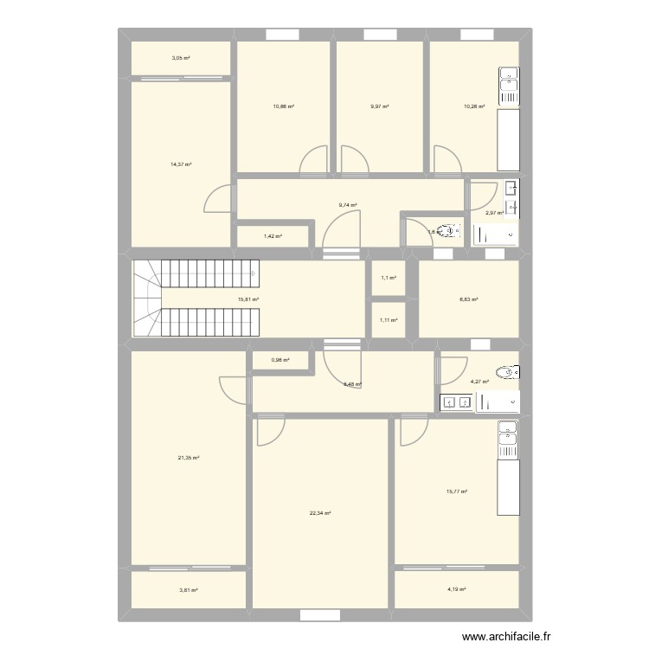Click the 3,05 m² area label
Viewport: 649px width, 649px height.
(x=181, y=58)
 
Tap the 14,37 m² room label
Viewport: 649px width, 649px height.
(x=181, y=164)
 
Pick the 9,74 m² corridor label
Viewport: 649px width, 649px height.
(x=348, y=205)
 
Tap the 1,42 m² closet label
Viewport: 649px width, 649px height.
(x=273, y=235)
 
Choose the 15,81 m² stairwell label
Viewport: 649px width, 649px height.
(x=248, y=299)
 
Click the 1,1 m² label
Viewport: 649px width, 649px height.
(x=389, y=278)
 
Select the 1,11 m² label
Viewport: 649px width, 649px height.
(x=389, y=320)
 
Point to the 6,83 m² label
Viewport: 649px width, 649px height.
(x=468, y=299)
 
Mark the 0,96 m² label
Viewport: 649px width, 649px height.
(x=280, y=360)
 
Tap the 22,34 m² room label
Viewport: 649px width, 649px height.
(x=320, y=513)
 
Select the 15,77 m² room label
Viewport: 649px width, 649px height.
(x=456, y=492)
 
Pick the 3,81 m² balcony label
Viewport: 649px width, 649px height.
(x=189, y=590)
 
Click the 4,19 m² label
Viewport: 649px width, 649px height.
(x=456, y=590)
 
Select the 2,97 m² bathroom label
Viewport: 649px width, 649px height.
(x=494, y=213)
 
